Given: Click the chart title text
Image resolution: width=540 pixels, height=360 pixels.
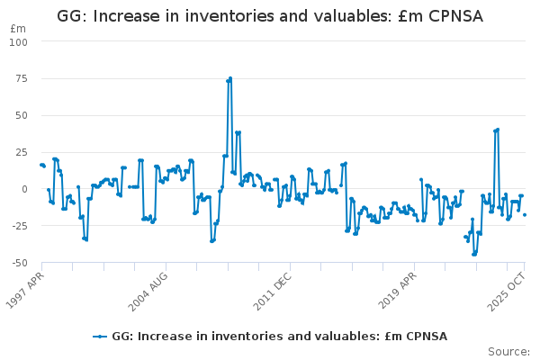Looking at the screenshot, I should [x=270, y=16].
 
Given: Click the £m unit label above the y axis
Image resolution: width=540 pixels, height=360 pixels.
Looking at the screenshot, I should [x=17, y=29].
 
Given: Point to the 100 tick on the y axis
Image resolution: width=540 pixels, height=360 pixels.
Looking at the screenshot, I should [x=18, y=42].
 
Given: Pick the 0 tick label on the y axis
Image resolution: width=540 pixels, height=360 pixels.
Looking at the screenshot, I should [x=24, y=190].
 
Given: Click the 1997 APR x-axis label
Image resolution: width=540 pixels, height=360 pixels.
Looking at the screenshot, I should [x=25, y=284].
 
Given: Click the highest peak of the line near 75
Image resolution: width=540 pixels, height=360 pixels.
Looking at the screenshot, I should [x=230, y=78].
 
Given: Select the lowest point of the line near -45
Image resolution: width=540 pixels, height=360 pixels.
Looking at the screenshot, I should [x=473, y=255].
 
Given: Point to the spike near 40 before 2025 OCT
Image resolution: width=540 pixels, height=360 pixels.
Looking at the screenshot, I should [x=498, y=130].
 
